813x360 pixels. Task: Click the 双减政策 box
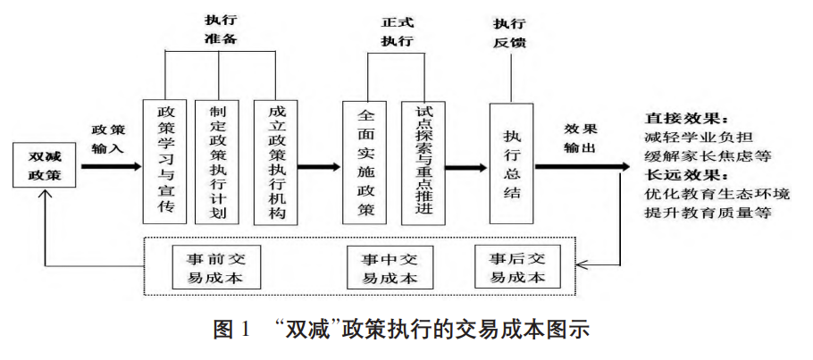tap(42, 165)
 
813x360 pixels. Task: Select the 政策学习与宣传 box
tap(165, 162)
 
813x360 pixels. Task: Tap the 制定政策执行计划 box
tap(217, 162)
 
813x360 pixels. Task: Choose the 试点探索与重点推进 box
tap(424, 162)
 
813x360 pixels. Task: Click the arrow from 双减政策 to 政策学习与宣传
tap(111, 166)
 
